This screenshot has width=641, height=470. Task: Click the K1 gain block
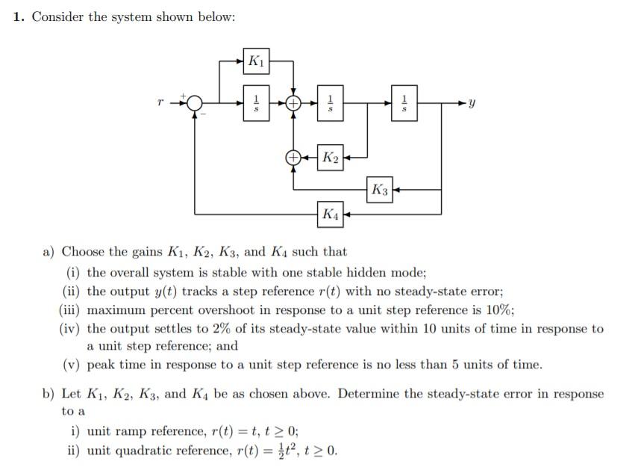256,61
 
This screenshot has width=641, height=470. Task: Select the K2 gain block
331,158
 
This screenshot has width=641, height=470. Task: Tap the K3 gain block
380,190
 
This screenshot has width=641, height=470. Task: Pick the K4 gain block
331,214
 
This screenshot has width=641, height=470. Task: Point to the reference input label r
160,102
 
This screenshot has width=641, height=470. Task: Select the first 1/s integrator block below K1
256,102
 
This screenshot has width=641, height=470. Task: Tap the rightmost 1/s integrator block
404,102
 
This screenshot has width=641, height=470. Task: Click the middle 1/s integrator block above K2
331,102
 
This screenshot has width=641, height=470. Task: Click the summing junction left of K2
294,158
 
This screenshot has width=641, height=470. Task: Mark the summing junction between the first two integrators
294,102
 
